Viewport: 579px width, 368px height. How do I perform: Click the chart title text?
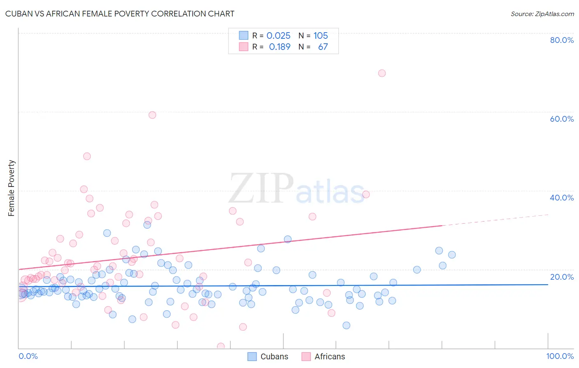120,14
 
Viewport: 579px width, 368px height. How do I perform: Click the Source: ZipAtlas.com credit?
542,14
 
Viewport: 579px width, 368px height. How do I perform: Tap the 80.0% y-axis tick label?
562,40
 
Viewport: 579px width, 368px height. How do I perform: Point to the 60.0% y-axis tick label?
562,119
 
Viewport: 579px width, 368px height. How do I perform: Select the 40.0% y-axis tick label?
562,198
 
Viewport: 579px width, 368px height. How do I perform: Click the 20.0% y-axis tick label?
562,276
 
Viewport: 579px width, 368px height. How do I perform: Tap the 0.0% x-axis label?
28,356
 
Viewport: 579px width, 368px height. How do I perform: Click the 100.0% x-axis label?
560,356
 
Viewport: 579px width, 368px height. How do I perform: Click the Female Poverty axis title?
12,188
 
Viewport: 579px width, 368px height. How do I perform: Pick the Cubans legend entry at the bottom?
268,356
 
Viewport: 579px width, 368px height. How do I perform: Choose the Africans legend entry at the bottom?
323,356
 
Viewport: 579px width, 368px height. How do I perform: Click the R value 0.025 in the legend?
278,35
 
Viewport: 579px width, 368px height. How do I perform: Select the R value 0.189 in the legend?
280,47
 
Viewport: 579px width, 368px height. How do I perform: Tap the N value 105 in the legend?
320,35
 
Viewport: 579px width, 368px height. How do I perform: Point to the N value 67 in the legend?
323,47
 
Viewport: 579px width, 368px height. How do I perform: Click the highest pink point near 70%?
382,73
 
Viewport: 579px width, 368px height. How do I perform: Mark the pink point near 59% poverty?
152,115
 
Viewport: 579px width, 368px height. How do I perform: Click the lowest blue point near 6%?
346,326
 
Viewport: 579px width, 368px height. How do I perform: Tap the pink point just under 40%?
366,194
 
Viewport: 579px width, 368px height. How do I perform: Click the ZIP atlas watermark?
297,189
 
